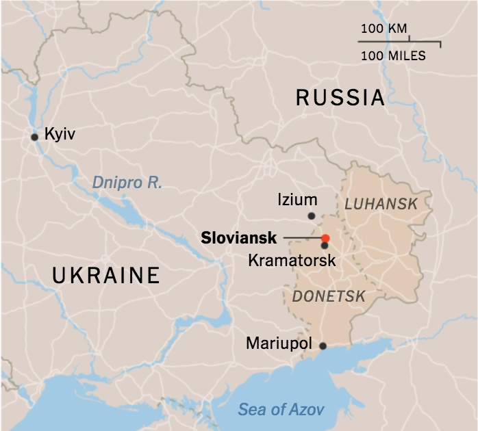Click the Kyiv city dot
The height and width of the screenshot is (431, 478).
click(34, 137)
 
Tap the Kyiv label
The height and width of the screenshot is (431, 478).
click(59, 134)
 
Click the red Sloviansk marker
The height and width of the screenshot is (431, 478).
click(326, 238)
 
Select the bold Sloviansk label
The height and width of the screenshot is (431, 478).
click(239, 238)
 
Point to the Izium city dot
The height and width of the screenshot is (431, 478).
click(312, 216)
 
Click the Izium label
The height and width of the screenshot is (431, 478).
click(297, 200)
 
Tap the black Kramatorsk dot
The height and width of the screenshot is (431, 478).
click(324, 246)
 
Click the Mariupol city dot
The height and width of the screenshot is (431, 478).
click(323, 345)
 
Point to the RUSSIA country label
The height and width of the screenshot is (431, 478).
click(340, 98)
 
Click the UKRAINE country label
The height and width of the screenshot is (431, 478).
click(106, 276)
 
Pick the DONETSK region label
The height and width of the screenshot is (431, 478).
click(328, 296)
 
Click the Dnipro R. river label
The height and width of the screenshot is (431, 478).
click(127, 183)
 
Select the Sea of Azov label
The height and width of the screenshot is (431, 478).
click(281, 410)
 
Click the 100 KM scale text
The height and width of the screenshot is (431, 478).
click(383, 29)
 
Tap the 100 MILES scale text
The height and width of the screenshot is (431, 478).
click(392, 55)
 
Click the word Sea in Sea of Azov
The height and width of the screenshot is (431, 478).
click(251, 410)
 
